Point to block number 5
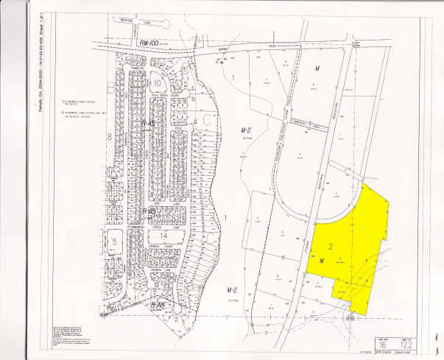point(115,242)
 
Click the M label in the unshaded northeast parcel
point(318,68)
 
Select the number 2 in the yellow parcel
point(332,246)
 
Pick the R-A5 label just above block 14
point(149,212)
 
